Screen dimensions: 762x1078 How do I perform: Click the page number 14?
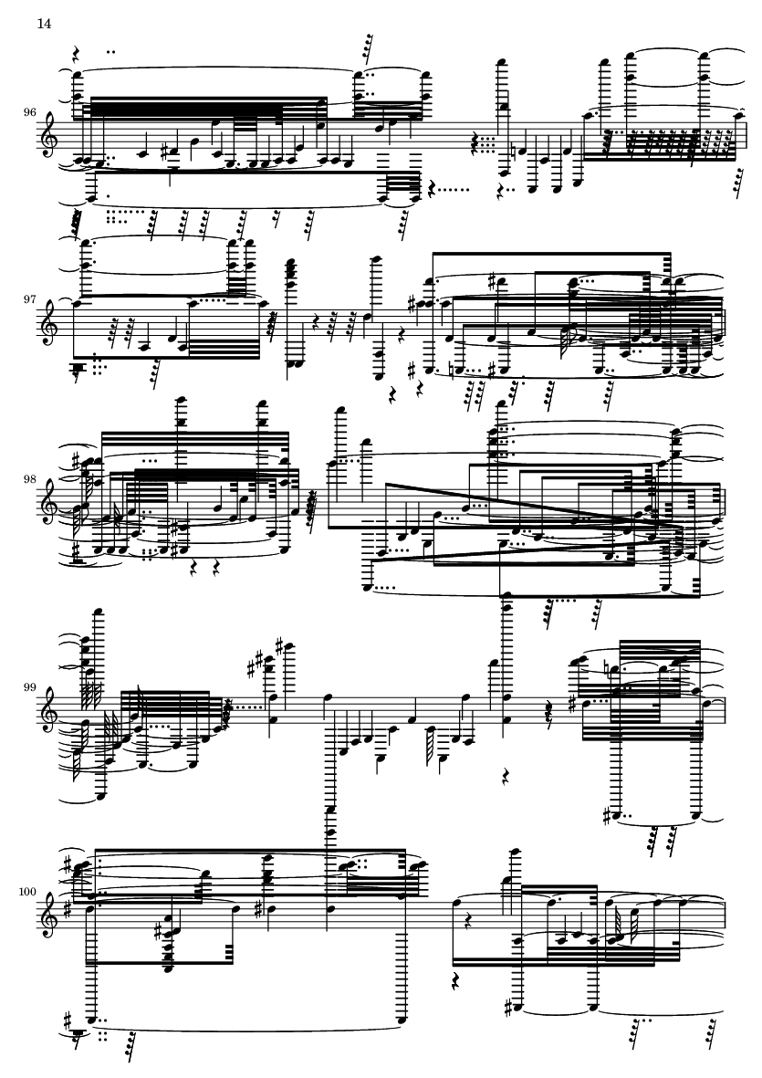(44, 24)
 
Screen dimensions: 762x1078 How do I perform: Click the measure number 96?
(29, 112)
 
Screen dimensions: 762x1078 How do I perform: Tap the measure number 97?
(29, 299)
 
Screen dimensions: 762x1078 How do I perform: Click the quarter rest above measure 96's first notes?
(77, 54)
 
